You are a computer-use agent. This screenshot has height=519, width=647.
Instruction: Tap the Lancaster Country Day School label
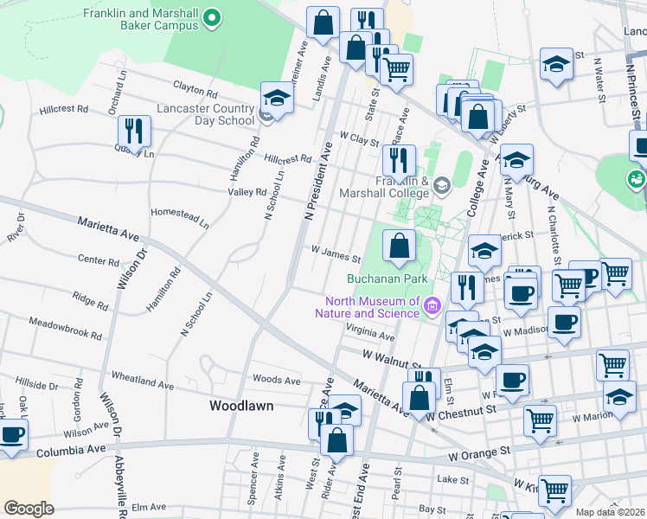click(205, 114)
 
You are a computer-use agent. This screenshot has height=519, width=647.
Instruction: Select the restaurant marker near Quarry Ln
click(134, 131)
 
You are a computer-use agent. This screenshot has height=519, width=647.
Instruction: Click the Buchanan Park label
click(376, 279)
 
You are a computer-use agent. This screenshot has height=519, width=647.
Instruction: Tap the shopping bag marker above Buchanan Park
click(398, 246)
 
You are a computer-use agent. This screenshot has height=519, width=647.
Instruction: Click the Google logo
click(29, 508)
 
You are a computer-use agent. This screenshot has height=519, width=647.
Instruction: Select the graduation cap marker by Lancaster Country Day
click(277, 97)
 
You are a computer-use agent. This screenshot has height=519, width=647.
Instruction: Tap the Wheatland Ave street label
click(143, 381)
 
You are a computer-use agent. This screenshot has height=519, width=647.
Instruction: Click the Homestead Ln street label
click(181, 217)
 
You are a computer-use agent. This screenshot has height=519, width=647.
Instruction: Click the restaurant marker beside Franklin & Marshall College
click(399, 159)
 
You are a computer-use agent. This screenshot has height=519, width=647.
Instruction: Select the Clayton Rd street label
click(195, 88)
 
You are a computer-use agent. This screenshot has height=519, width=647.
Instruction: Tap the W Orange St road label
click(478, 452)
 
